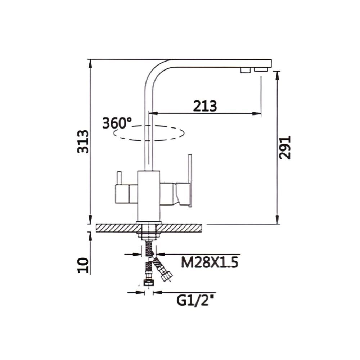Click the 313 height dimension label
pos(83,141)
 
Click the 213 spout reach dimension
pos(205,106)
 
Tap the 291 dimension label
pos(284,148)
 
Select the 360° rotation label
pos(117,123)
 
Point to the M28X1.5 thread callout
pos(210,263)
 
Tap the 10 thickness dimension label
pos(83,265)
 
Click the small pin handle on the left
pos(118,178)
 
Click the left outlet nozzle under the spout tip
pos(246,70)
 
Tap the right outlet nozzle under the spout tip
pos(261,69)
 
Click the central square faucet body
pos(149,196)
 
